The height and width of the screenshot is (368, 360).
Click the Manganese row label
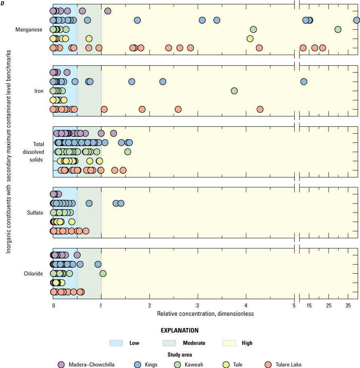coord(29,29)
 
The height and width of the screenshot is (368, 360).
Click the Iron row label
coord(39,91)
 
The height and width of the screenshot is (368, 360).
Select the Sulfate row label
coord(35,213)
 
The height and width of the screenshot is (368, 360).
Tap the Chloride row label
coord(33,274)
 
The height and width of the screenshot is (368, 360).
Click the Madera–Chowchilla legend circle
coord(61,365)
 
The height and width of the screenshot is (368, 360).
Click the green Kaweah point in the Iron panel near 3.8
coord(234,91)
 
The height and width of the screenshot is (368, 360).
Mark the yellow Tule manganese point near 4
coord(250,39)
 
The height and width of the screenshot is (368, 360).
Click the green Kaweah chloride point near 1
coord(103,273)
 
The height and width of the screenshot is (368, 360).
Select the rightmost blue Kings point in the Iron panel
coord(304,81)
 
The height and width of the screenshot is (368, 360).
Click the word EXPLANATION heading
coord(180,331)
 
